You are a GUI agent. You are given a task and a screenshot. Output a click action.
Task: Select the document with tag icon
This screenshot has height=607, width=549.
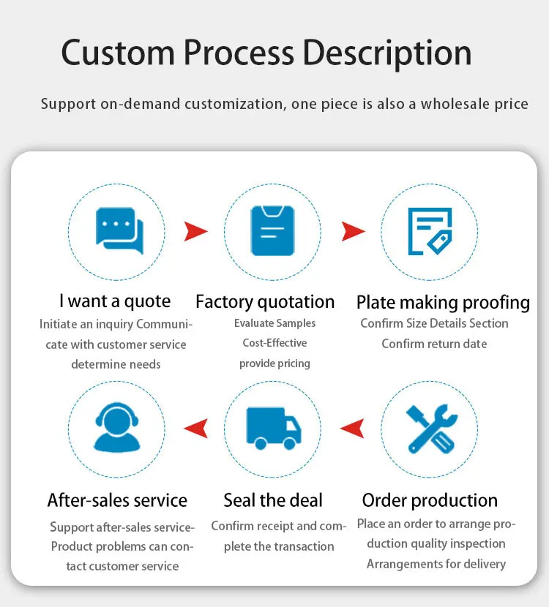pos(430,230)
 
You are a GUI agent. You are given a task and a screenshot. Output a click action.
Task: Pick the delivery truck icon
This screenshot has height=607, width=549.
pos(273,428)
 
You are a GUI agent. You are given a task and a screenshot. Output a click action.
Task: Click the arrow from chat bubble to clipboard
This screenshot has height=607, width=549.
pos(195,232)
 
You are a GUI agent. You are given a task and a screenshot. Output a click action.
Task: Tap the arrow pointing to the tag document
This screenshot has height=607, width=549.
pos(353,232)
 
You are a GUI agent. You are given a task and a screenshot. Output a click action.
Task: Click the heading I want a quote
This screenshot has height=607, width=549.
pos(115,301)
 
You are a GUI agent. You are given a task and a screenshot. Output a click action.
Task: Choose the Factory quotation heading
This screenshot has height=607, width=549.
pos(265,301)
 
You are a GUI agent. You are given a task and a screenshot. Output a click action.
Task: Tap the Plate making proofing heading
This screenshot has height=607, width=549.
pos(443,302)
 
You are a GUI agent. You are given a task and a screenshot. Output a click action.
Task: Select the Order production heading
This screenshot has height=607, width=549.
pos(430,501)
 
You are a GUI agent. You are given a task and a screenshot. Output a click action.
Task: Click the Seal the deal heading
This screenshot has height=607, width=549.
pos(273,500)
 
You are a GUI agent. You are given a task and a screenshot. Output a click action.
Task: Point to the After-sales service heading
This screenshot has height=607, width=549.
pos(117,500)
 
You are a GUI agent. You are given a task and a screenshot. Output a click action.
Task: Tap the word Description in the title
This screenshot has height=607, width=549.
pos(387,53)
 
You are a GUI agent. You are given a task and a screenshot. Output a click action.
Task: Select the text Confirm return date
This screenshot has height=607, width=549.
pos(434,344)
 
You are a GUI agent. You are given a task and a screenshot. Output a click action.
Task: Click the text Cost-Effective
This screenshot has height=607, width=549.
pos(274,343)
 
